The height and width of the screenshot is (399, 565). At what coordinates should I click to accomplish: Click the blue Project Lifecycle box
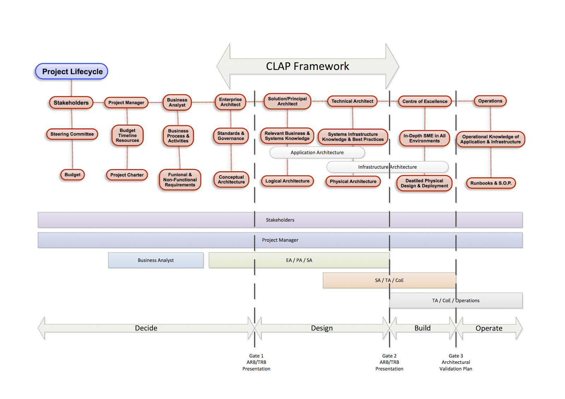pyautogui.click(x=72, y=72)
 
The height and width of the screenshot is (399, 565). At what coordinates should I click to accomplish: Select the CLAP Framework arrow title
pyautogui.click(x=307, y=66)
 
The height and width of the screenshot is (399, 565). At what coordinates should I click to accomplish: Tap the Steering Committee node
pyautogui.click(x=72, y=134)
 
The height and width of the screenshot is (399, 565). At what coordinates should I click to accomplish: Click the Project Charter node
pyautogui.click(x=127, y=175)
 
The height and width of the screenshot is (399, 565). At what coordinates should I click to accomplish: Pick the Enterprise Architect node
pyautogui.click(x=230, y=102)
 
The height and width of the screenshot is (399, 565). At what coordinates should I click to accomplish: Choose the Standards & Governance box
pyautogui.click(x=231, y=136)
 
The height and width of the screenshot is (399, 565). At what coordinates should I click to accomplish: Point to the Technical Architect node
pyautogui.click(x=352, y=101)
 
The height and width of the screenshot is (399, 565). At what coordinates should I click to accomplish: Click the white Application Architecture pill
pyautogui.click(x=317, y=152)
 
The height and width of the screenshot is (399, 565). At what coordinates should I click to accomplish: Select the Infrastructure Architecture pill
pyautogui.click(x=387, y=167)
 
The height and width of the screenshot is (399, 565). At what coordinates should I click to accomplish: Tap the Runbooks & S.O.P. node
pyautogui.click(x=490, y=183)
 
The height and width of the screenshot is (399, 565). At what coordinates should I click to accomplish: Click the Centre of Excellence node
pyautogui.click(x=424, y=101)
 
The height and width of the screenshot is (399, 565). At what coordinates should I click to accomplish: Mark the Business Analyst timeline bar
pyautogui.click(x=155, y=260)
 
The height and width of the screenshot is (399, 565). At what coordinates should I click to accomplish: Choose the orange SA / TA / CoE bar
pyautogui.click(x=389, y=280)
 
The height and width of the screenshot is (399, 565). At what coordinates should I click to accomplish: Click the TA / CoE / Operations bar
pyautogui.click(x=456, y=301)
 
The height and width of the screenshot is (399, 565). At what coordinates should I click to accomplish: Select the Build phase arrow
pyautogui.click(x=422, y=328)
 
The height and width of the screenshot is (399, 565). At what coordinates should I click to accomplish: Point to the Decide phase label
pyautogui.click(x=146, y=328)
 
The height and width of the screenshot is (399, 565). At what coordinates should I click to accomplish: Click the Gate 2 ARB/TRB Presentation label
pyautogui.click(x=389, y=362)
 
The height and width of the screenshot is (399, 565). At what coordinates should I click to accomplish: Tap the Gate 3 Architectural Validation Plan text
pyautogui.click(x=456, y=362)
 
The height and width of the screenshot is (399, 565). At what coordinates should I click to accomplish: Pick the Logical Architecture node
pyautogui.click(x=287, y=181)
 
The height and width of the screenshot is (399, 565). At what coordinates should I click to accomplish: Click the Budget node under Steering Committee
pyautogui.click(x=72, y=175)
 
